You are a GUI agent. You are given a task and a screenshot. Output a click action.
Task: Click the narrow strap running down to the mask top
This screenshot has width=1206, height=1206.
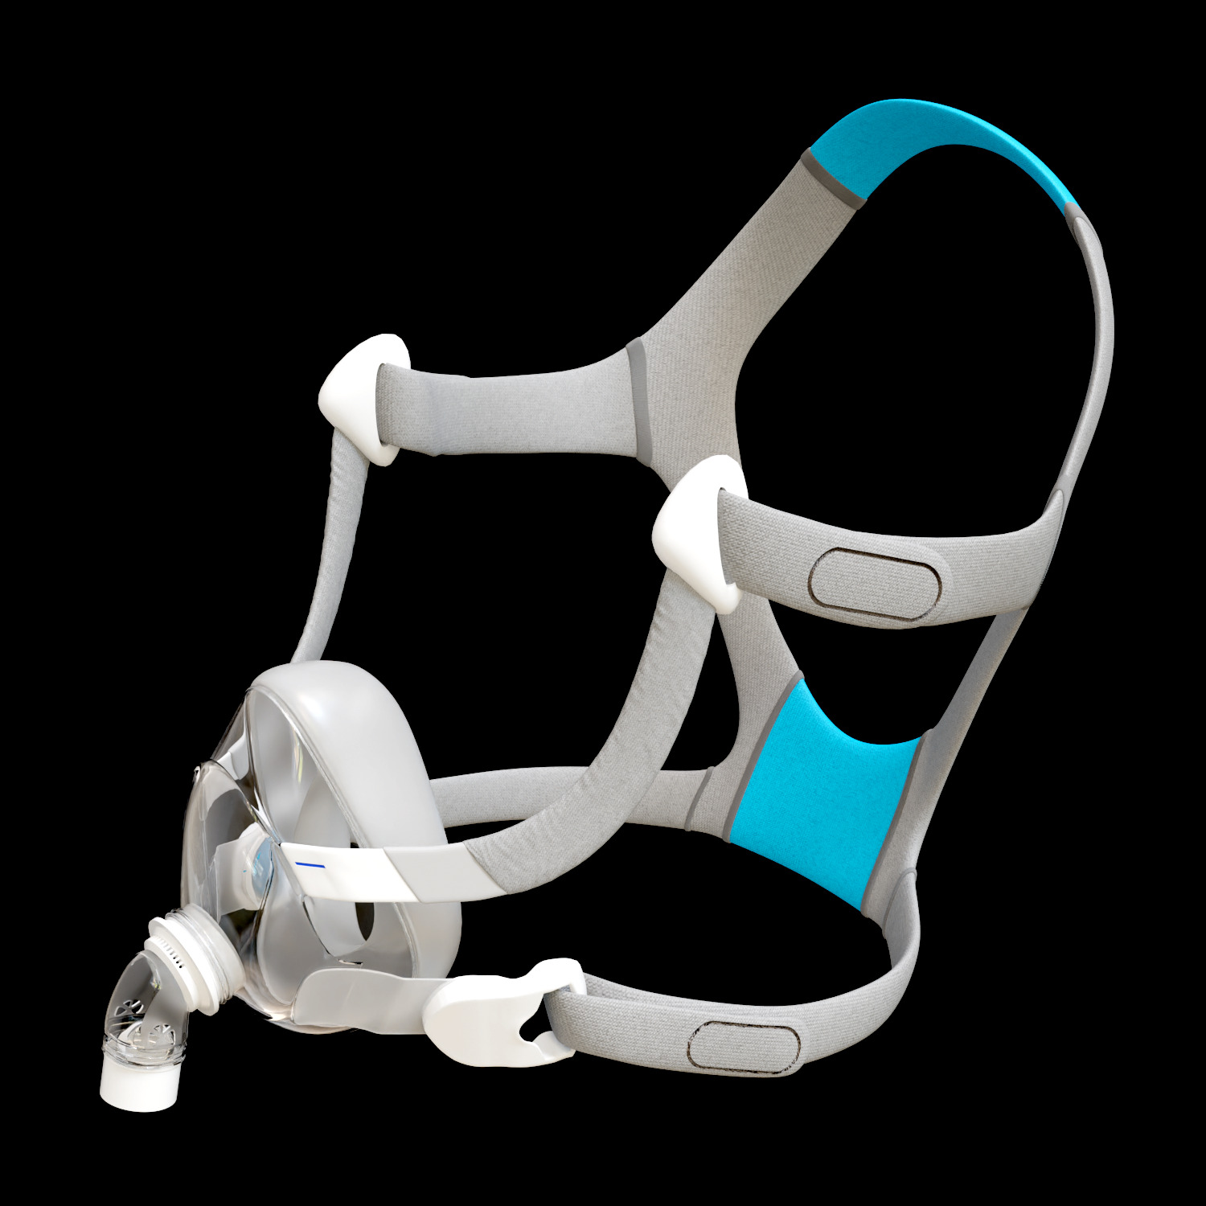[x=334, y=547]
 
